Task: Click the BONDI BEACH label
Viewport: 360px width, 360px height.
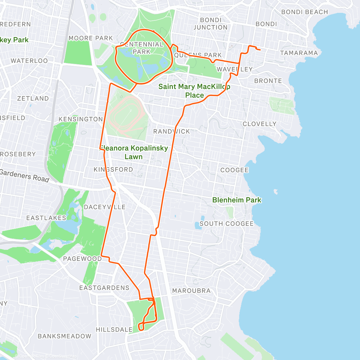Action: point(304,12)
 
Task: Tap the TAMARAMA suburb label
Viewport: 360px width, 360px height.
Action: point(299,53)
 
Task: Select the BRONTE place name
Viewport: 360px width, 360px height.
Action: point(268,81)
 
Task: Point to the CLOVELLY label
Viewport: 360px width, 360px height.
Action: point(259,124)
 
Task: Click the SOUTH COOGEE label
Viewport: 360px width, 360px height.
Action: point(226,224)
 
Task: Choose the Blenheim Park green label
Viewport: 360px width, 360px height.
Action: point(237,200)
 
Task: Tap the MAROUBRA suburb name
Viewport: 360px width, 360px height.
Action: point(191,291)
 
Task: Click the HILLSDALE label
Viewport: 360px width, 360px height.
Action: point(114,330)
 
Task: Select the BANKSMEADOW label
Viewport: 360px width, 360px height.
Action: point(64,336)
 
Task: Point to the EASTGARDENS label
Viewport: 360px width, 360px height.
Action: point(104,288)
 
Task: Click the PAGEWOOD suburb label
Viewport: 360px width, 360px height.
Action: point(82,259)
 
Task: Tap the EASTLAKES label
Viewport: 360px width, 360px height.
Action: point(46,218)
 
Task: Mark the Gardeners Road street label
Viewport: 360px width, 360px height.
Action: point(25,175)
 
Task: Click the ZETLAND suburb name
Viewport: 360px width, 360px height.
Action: point(33,98)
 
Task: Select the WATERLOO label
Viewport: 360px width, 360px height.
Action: point(29,61)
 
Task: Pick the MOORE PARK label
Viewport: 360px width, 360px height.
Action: point(91,38)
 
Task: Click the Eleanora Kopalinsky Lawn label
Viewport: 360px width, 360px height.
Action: point(134,152)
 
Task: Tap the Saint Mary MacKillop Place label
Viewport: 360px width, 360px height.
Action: point(194,91)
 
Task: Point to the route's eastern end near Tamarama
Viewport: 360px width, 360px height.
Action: point(260,50)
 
